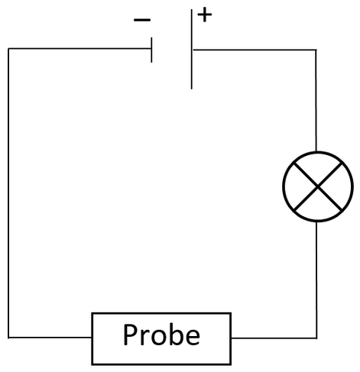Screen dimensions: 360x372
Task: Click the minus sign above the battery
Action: pyautogui.click(x=142, y=20)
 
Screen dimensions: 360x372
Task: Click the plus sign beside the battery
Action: pyautogui.click(x=205, y=15)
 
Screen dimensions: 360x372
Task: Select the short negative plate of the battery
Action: pyautogui.click(x=151, y=50)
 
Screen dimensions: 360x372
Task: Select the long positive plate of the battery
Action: pyautogui.click(x=192, y=49)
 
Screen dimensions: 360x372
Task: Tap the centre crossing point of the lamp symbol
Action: pyautogui.click(x=318, y=186)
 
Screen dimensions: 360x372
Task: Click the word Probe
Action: pyautogui.click(x=161, y=335)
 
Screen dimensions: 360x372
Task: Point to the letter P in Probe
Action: pyautogui.click(x=131, y=335)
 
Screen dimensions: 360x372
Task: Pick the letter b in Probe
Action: pyautogui.click(x=175, y=335)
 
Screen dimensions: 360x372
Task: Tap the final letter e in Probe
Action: pyautogui.click(x=192, y=338)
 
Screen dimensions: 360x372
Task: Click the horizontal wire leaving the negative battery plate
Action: pyautogui.click(x=79, y=48)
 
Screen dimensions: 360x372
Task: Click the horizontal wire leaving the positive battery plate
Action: pyautogui.click(x=255, y=50)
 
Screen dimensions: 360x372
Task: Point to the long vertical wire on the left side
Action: pyautogui.click(x=8, y=193)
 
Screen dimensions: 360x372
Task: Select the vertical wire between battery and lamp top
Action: pyautogui.click(x=316, y=101)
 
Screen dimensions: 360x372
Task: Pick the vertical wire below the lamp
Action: pyautogui.click(x=316, y=280)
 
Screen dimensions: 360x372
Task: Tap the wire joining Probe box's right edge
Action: pyautogui.click(x=274, y=338)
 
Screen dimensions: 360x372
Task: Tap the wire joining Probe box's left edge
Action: pyautogui.click(x=50, y=338)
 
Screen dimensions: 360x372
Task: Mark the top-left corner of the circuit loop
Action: pyautogui.click(x=8, y=48)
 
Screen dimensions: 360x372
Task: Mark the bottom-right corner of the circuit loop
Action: pyautogui.click(x=316, y=338)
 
